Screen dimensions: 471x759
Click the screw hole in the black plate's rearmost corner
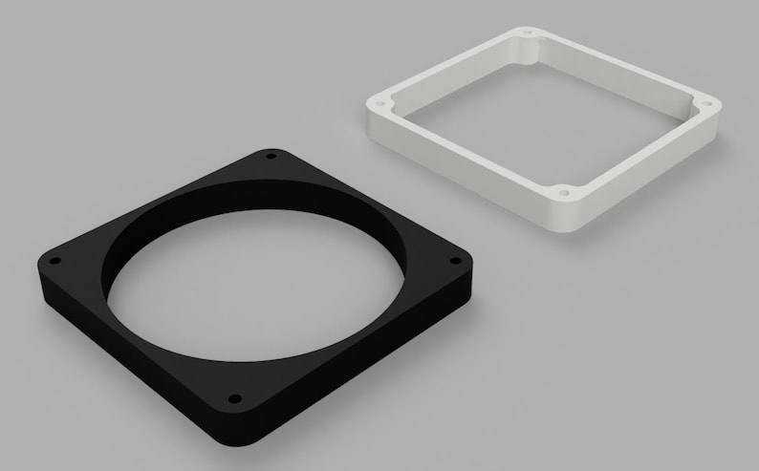click(271, 156)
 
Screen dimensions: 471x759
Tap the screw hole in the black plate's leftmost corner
click(55, 260)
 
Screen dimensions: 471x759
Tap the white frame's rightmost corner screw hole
click(706, 102)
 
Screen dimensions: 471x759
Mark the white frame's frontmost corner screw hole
click(564, 191)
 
